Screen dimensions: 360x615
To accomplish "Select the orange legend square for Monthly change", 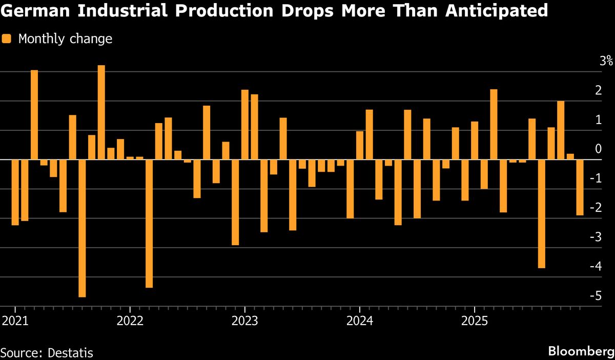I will (7, 38).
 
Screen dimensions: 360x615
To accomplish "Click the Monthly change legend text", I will (65, 38).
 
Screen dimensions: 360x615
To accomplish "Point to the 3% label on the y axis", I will (606, 61).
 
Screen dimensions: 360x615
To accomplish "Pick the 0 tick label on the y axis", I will (609, 149).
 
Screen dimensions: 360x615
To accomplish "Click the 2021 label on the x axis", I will (15, 323).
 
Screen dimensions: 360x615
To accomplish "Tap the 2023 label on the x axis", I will (244, 323).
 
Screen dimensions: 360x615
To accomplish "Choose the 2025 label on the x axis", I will (474, 323).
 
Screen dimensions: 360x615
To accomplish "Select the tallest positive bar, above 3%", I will (101, 112).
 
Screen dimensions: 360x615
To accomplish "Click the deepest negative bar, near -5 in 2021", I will (82, 228).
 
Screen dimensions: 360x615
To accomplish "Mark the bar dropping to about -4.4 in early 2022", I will (149, 224).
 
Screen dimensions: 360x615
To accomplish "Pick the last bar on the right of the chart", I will (580, 187).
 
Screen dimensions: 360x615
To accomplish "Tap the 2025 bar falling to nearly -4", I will (542, 214).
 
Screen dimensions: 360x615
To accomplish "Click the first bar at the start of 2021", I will (15, 192).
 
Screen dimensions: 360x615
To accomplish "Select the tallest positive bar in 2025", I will (494, 125).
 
